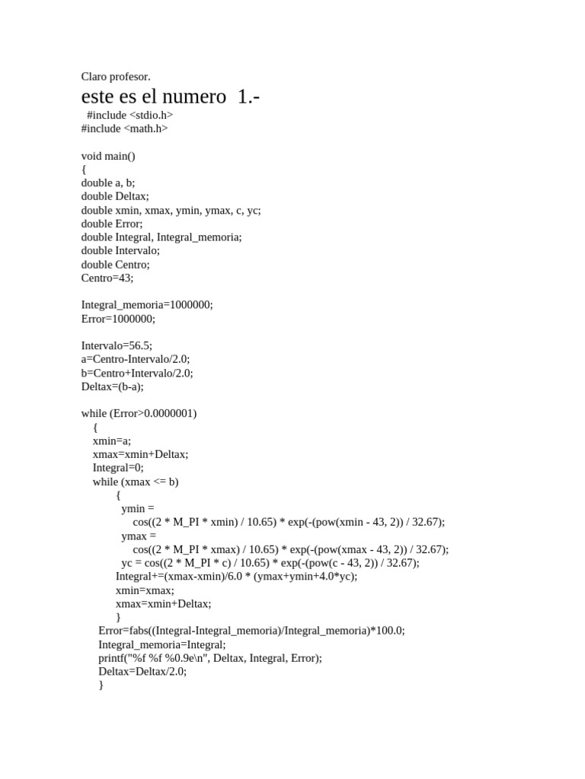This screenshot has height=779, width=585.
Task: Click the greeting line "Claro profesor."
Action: point(116,76)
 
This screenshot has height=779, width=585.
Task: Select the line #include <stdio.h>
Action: point(129,115)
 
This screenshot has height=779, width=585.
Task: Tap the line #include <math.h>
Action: point(124,129)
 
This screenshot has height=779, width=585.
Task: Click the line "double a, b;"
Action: point(107,183)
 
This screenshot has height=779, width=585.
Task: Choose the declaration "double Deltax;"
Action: point(115,196)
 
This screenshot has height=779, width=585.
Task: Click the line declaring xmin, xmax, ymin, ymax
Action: point(171,210)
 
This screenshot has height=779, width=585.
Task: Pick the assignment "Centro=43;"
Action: point(107,278)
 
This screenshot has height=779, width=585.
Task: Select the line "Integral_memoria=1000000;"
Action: point(147,304)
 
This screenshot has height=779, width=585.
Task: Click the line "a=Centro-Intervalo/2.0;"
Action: point(136,359)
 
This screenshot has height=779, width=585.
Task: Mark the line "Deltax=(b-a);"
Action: point(112,386)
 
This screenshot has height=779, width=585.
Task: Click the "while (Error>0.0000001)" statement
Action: point(139,413)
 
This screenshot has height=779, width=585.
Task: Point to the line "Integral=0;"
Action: point(118,468)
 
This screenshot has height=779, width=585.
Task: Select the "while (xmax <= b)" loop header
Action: point(136,482)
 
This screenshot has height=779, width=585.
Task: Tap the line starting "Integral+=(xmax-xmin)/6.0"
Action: point(236,577)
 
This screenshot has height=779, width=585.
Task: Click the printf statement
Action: point(210,658)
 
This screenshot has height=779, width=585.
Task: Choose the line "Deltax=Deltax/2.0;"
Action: point(142,672)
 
